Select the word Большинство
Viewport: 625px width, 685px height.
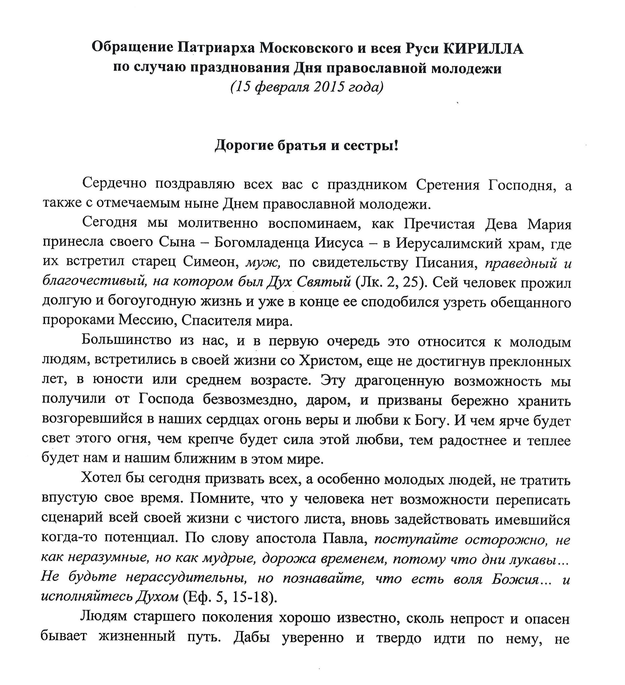tap(126, 340)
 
